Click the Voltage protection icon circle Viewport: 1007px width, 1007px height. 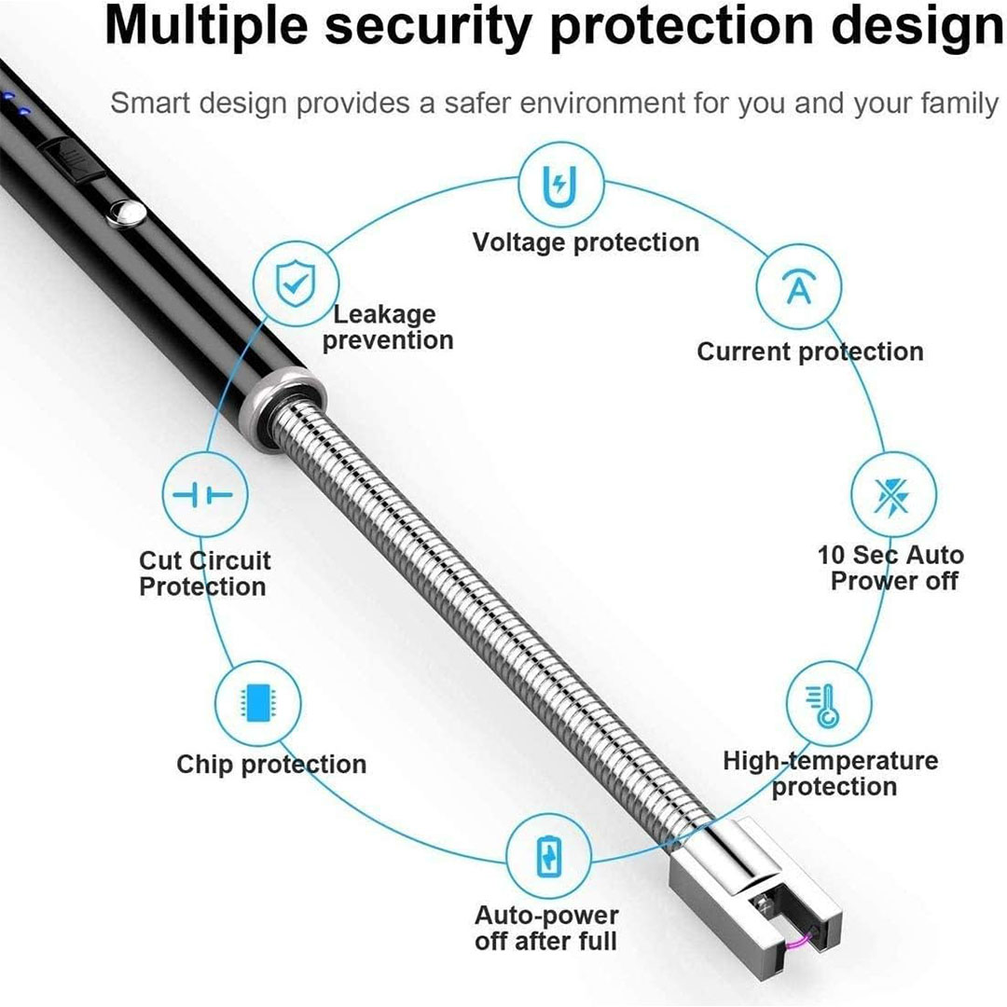(560, 185)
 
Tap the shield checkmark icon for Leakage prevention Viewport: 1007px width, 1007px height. (296, 283)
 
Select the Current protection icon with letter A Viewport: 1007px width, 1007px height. (798, 286)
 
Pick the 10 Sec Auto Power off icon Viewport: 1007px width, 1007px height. (893, 494)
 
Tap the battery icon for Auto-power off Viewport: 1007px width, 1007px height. (548, 857)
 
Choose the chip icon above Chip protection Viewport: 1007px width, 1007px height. (257, 703)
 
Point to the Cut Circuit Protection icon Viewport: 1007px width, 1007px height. (205, 494)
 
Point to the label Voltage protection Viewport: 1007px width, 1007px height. (586, 242)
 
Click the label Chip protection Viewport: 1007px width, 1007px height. (271, 765)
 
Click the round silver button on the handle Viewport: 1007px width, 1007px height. (127, 214)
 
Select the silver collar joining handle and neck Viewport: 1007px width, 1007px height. (283, 405)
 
